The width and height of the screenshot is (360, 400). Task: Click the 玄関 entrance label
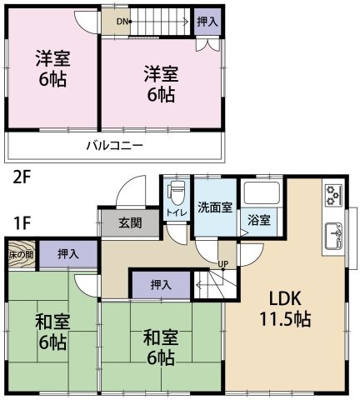point(129,222)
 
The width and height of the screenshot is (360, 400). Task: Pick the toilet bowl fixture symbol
point(175,192)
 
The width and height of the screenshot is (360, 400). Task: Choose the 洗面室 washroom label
point(215,207)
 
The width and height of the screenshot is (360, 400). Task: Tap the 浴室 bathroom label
point(259,220)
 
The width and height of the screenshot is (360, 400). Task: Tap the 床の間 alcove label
point(21,253)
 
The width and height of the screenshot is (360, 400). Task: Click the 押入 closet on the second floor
point(207,22)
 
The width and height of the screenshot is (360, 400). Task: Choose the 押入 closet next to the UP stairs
point(161,285)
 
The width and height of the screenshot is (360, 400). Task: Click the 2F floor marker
point(22,177)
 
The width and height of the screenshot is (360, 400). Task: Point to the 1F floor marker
point(22,222)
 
